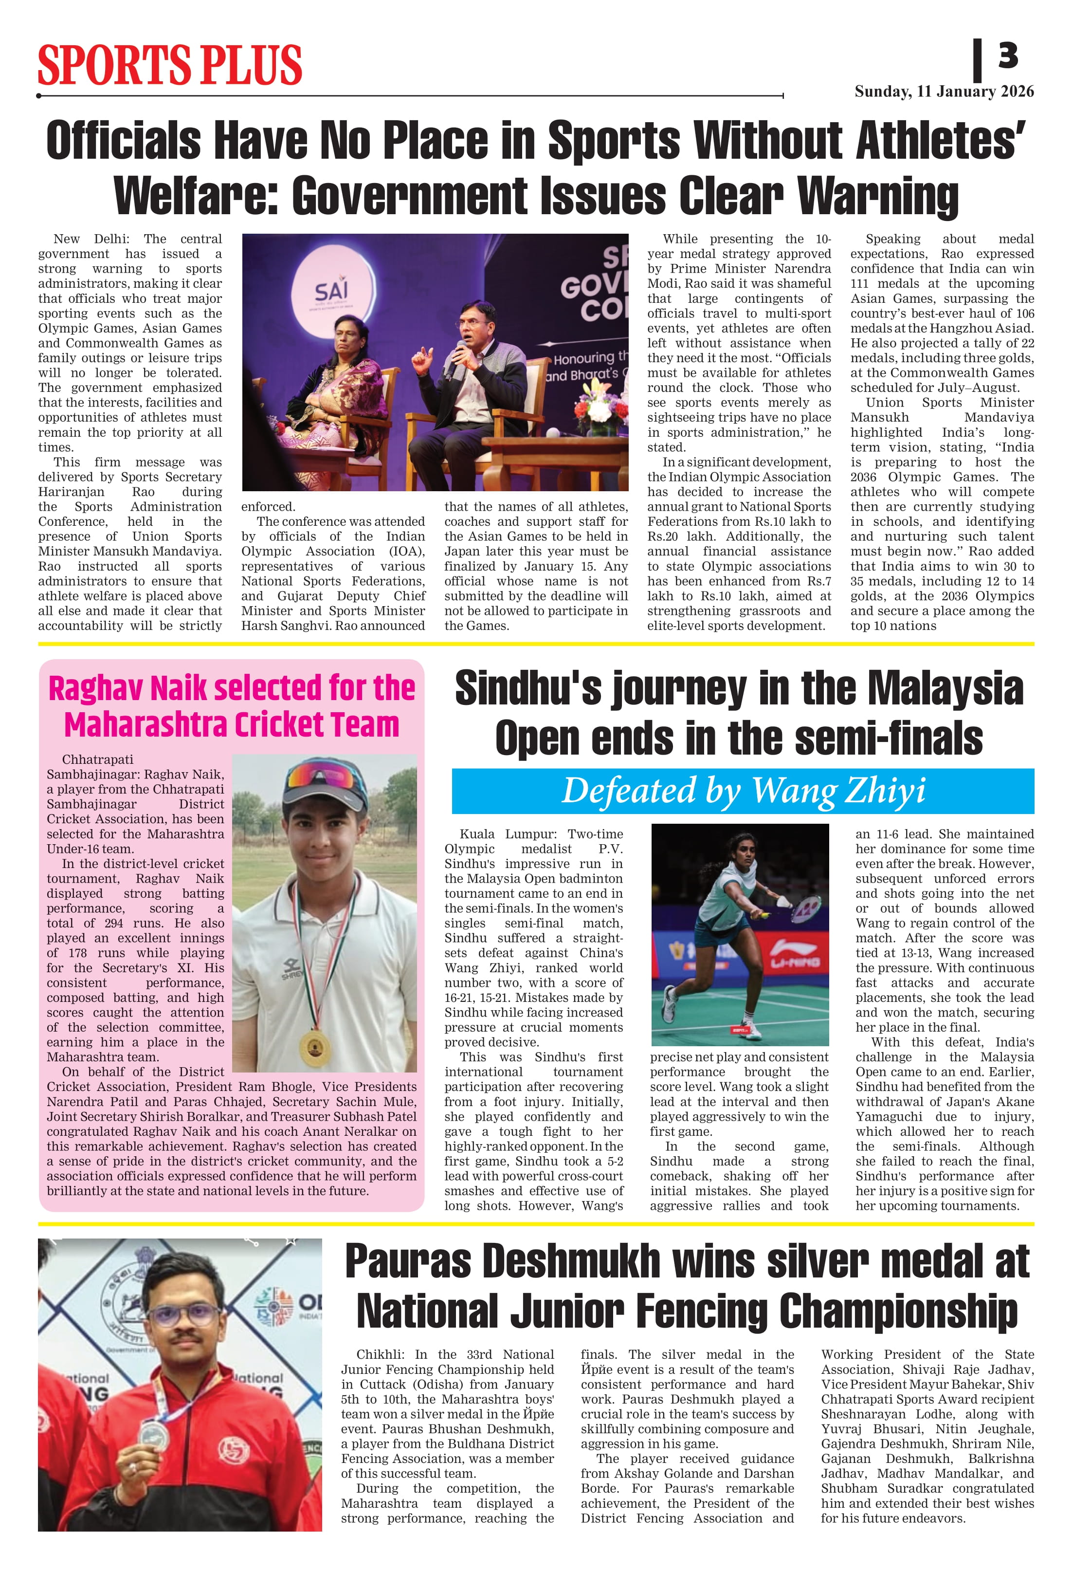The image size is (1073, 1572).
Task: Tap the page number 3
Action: click(x=1007, y=55)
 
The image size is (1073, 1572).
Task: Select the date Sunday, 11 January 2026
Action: click(x=944, y=92)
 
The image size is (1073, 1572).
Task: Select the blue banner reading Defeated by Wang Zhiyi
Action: click(x=743, y=791)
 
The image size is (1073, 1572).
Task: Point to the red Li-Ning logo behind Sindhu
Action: click(x=795, y=961)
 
